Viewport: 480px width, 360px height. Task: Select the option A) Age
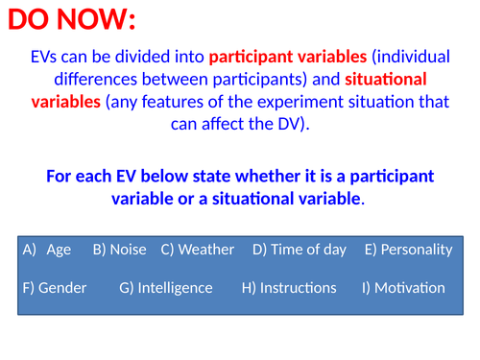pyautogui.click(x=47, y=250)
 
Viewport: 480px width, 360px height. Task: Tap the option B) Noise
pyautogui.click(x=119, y=250)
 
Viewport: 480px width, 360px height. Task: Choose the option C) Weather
pyautogui.click(x=197, y=250)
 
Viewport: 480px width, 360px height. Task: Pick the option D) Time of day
pyautogui.click(x=299, y=250)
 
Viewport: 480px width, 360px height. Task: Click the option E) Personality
pyautogui.click(x=408, y=250)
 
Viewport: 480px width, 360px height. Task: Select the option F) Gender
pyautogui.click(x=54, y=288)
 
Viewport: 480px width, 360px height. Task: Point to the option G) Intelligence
pyautogui.click(x=166, y=288)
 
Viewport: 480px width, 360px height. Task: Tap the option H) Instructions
pyautogui.click(x=289, y=288)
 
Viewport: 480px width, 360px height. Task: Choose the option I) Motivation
pyautogui.click(x=403, y=288)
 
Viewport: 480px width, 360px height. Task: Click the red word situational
pyautogui.click(x=386, y=79)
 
